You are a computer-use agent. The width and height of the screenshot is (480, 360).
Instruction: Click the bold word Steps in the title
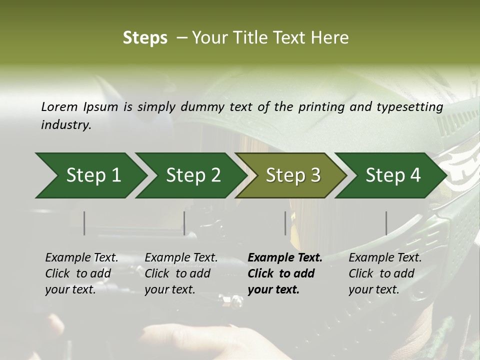pyautogui.click(x=145, y=37)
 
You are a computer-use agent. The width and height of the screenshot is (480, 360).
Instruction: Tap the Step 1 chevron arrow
pyautogui.click(x=90, y=175)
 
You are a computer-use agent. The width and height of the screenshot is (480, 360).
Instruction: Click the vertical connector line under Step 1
pyautogui.click(x=84, y=223)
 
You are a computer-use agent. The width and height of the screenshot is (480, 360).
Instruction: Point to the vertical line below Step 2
pyautogui.click(x=184, y=223)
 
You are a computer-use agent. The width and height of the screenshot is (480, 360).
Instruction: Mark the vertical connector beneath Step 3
pyautogui.click(x=285, y=223)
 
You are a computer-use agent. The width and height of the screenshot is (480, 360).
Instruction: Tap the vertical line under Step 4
pyautogui.click(x=386, y=223)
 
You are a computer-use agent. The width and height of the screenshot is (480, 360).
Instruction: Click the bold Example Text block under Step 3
pyautogui.click(x=285, y=273)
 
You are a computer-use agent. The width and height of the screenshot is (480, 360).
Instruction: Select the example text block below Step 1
pyautogui.click(x=81, y=273)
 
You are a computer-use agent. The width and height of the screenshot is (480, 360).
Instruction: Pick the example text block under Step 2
pyautogui.click(x=181, y=273)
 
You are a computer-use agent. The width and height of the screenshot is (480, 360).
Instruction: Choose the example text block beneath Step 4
pyautogui.click(x=385, y=273)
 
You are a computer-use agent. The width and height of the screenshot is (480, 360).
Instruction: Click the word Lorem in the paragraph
pyautogui.click(x=59, y=106)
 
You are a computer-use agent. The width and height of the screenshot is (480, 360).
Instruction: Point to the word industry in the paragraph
pyautogui.click(x=65, y=125)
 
